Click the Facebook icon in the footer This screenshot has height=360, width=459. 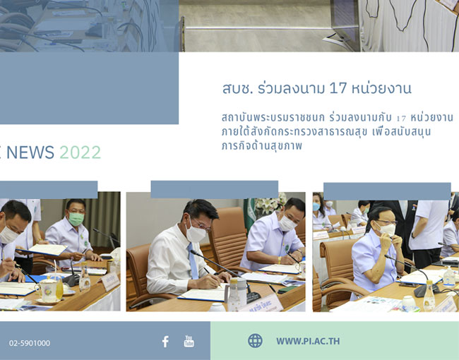[165, 342]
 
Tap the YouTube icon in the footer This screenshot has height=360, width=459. [189, 341]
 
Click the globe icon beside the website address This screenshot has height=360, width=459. [255, 341]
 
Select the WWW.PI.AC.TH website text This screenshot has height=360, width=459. [308, 341]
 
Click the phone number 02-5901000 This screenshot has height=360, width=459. [30, 343]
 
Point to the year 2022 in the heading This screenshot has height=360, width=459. [81, 152]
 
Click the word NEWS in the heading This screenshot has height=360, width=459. [30, 152]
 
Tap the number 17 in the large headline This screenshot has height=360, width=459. [338, 88]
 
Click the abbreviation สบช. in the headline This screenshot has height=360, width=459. [237, 88]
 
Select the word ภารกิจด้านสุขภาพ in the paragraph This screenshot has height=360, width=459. [262, 145]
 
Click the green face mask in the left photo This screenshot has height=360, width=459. [76, 219]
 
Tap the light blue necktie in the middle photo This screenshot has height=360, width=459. [193, 261]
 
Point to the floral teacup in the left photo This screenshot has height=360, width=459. [49, 289]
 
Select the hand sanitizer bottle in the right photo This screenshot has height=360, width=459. [448, 277]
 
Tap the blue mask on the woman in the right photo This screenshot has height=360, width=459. [316, 207]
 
